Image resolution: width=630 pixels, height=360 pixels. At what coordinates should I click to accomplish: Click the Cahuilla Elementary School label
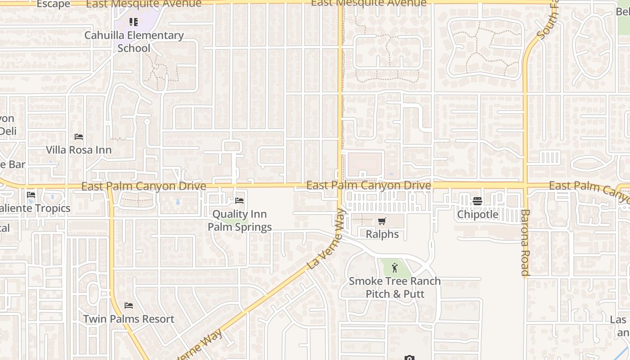click(134, 41)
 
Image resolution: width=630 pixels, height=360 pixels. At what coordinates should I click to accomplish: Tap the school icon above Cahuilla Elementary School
click(134, 22)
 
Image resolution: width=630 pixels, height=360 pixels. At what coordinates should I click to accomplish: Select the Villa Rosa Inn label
click(79, 150)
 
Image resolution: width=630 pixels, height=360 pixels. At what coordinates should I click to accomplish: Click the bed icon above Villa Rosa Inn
click(79, 136)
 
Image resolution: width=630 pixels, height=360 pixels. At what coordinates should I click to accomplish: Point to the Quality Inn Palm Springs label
click(239, 220)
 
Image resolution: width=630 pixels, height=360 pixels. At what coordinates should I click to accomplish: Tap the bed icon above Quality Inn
click(239, 200)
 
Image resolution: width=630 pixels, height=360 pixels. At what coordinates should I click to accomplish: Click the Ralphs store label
click(382, 234)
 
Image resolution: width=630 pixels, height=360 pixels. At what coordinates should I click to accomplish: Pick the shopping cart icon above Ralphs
click(382, 221)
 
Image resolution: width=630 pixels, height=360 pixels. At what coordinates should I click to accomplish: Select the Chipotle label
click(477, 214)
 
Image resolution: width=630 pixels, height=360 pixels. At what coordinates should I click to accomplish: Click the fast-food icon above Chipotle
click(477, 201)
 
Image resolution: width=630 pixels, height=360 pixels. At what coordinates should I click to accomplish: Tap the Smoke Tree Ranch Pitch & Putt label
click(395, 288)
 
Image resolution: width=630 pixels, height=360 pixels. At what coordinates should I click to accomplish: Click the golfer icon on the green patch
click(395, 268)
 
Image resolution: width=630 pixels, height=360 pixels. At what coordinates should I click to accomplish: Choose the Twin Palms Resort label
click(129, 319)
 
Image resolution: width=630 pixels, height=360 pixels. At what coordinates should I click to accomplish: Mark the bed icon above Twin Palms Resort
click(129, 306)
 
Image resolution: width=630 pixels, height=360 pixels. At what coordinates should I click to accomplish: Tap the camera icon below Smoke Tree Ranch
click(409, 358)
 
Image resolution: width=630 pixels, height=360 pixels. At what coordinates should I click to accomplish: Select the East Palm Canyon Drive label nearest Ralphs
click(369, 185)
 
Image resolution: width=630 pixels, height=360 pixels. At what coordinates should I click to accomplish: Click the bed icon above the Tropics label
click(31, 195)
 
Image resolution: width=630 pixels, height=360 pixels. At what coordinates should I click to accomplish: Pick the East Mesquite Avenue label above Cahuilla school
click(144, 4)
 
